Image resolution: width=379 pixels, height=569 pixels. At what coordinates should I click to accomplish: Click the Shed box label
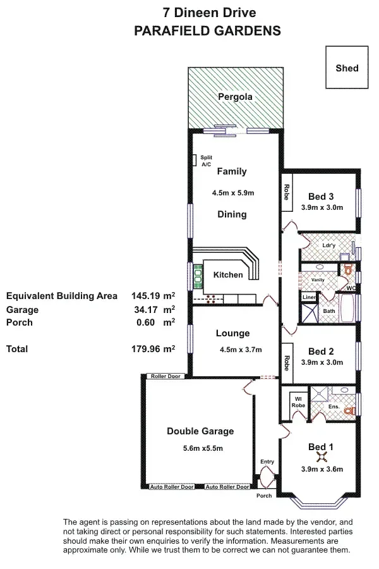(x=347, y=68)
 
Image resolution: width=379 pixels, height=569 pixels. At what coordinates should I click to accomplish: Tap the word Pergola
(x=235, y=97)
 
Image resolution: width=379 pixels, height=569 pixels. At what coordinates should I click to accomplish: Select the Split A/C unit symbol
(x=195, y=160)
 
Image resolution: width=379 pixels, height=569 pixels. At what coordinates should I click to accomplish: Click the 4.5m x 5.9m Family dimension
(x=233, y=193)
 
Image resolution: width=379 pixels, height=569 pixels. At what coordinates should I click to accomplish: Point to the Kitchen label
(x=228, y=275)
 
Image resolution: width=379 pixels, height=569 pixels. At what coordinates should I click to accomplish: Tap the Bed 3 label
(x=321, y=197)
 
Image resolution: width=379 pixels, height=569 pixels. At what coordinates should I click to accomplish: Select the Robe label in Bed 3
(x=287, y=192)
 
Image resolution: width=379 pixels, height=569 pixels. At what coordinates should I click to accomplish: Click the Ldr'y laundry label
(x=328, y=245)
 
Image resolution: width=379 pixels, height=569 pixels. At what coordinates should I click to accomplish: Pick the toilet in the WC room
(x=348, y=269)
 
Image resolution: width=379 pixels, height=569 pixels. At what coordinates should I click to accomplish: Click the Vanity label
(x=318, y=280)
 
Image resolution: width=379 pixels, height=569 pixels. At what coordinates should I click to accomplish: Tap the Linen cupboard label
(x=309, y=297)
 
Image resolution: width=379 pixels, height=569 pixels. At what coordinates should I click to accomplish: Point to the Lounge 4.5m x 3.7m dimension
(x=241, y=350)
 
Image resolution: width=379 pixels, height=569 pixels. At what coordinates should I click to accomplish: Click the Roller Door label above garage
(x=165, y=376)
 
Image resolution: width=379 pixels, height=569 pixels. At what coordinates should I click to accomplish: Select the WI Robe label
(x=298, y=402)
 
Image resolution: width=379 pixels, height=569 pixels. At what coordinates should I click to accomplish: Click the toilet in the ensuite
(x=349, y=410)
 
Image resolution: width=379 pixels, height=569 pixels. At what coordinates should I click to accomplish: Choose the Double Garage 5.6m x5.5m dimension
(x=203, y=448)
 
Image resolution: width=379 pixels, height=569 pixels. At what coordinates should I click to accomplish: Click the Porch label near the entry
(x=264, y=495)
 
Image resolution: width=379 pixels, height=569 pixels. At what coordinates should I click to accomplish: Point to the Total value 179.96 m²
(x=153, y=349)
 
